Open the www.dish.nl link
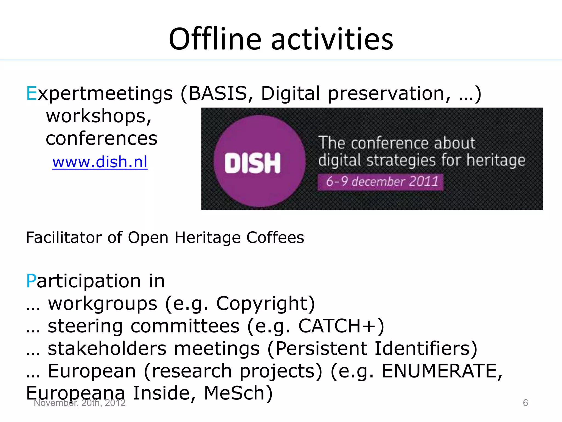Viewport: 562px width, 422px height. coord(100,162)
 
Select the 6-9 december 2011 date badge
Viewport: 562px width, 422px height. coord(380,182)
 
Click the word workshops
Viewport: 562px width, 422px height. coord(99,116)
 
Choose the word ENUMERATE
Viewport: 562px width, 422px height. coord(439,371)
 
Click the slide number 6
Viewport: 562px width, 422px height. coord(525,403)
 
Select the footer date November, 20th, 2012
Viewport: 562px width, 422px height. coord(80,403)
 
